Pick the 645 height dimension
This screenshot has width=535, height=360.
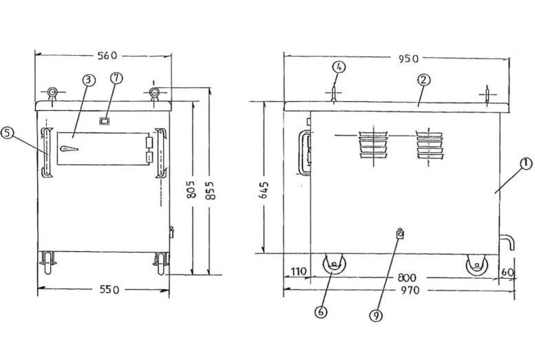click(263, 189)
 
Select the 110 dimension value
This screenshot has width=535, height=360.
click(297, 273)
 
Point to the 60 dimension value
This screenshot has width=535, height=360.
click(508, 273)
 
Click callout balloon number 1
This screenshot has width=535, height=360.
click(525, 163)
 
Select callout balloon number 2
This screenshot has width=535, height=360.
click(423, 79)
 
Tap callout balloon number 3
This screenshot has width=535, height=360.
click(88, 80)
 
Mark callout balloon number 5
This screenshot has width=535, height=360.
click(8, 134)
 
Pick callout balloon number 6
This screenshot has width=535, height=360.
click(321, 311)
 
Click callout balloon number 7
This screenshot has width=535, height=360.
click(116, 78)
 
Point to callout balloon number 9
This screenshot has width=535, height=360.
click(375, 315)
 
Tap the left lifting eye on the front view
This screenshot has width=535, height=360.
click(52, 93)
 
